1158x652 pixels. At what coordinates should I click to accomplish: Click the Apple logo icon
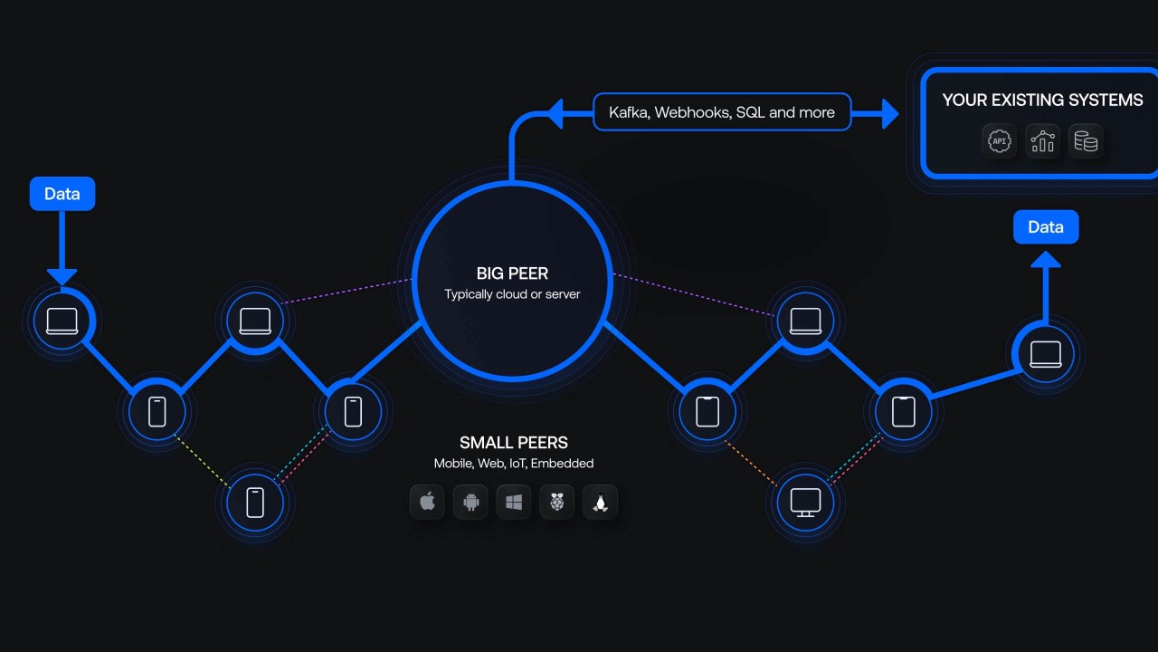coord(428,502)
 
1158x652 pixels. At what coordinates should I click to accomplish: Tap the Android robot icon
coord(470,502)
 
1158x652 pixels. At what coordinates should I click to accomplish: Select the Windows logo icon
coord(514,502)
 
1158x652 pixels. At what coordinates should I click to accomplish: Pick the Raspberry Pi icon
coord(556,502)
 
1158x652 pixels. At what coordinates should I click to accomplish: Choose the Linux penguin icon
coord(600,502)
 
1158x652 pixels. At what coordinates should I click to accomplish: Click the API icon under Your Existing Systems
coord(1000,141)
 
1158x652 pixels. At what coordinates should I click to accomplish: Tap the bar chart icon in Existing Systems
coord(1043,141)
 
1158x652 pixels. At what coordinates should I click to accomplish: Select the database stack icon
coord(1086,141)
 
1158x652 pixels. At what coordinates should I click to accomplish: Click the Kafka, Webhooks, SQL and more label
coord(722,112)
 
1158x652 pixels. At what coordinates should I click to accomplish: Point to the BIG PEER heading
coord(512,273)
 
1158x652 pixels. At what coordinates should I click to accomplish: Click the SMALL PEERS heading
coord(514,443)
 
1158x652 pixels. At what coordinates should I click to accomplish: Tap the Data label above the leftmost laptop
coord(62,194)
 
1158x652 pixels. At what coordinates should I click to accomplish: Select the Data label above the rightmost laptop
coord(1046,227)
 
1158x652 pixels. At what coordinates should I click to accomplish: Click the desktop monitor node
coord(805,501)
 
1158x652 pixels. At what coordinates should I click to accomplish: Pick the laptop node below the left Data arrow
coord(62,321)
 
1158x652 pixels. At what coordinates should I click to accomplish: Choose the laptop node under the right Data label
coord(1046,354)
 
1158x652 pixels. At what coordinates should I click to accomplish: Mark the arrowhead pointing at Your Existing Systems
coord(888,114)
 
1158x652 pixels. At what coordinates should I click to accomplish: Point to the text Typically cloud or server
coord(512,294)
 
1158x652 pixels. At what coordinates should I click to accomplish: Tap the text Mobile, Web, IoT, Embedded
coord(514,464)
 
